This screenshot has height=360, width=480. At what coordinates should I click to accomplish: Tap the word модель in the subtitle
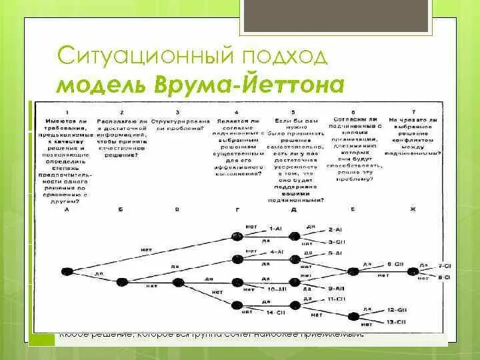103,85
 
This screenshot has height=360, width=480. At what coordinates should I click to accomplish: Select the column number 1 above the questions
67,111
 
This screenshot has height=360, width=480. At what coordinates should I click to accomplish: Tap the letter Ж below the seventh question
413,209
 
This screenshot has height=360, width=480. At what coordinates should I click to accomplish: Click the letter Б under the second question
121,209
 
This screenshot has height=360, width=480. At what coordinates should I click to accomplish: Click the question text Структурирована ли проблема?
177,123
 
